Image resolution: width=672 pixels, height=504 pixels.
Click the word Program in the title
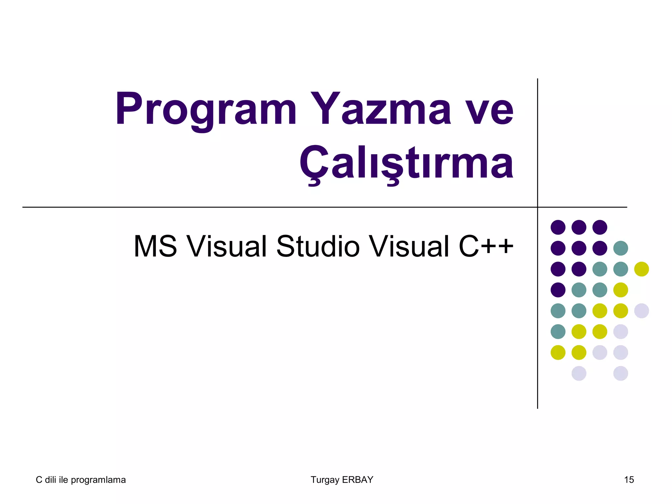tap(206, 109)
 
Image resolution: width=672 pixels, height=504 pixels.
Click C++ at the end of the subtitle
tap(486, 246)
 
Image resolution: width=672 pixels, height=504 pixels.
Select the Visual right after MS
tap(227, 246)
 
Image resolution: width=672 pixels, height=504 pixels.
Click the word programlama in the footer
tap(98, 480)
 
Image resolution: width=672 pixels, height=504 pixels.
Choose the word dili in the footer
tap(51, 480)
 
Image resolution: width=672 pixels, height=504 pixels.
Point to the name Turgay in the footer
tap(325, 480)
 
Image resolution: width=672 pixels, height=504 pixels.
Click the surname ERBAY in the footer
tap(357, 480)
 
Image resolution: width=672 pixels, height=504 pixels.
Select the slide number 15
tap(629, 480)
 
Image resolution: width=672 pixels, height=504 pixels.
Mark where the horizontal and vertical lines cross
tap(537, 207)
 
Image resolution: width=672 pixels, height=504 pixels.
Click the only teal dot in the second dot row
tap(620, 248)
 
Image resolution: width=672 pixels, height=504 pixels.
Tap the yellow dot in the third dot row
tap(641, 269)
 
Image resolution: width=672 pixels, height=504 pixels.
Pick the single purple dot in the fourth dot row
tap(558, 290)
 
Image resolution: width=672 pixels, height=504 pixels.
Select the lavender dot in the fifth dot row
tap(641, 311)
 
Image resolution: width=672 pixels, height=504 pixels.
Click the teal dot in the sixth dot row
tap(558, 331)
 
